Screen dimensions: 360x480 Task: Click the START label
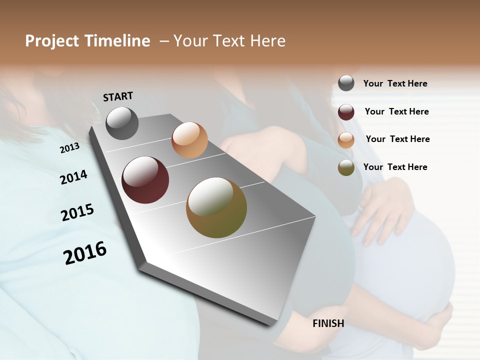[118, 96]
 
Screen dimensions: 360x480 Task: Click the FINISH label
[328, 323]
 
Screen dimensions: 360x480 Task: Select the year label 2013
[69, 148]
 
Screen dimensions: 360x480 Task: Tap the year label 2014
[73, 177]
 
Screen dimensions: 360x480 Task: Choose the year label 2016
[85, 253]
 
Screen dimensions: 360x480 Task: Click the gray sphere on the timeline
[122, 123]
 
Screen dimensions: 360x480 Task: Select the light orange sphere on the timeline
[189, 140]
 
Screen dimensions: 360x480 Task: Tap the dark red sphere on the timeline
[145, 180]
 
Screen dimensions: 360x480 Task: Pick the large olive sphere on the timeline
[216, 207]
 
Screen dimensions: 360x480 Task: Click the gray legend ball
[346, 83]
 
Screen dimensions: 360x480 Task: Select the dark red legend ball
[346, 112]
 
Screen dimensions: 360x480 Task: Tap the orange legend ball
[346, 140]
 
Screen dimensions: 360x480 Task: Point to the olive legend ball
[346, 168]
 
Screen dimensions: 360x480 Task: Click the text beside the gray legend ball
[395, 84]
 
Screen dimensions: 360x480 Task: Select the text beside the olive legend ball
[395, 167]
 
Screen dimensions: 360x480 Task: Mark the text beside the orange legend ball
[397, 139]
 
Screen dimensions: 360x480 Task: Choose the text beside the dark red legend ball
[396, 111]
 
